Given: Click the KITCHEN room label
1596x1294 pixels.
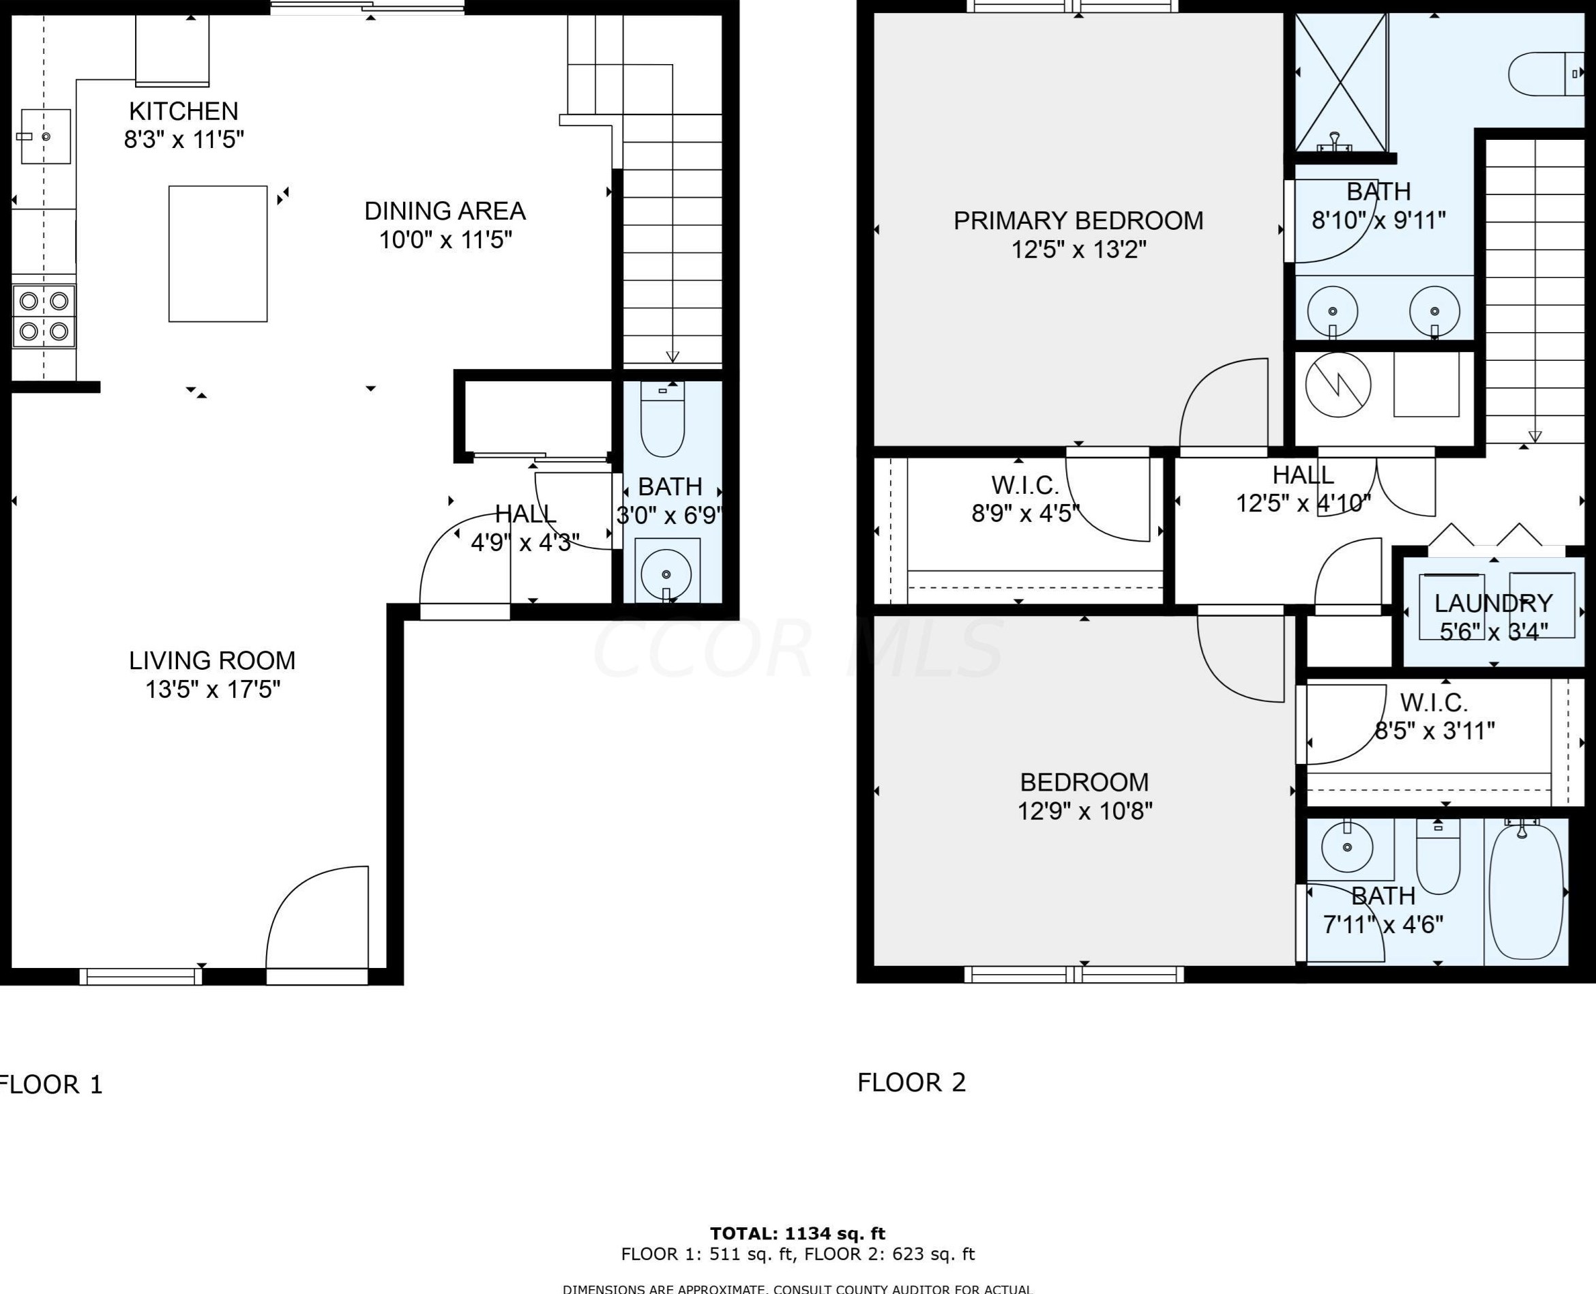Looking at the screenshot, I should [183, 111].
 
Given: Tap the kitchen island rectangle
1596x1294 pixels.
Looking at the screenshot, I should [218, 254].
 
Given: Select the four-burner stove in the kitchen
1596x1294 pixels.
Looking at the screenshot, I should [44, 316].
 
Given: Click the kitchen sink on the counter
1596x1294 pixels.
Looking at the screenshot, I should [45, 136].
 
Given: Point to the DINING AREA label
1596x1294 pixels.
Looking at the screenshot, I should [445, 211].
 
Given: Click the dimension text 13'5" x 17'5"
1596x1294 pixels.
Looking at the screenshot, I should [212, 690].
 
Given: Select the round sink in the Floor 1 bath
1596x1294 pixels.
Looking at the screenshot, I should [666, 573].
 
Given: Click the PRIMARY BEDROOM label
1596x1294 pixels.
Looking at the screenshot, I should [1078, 220].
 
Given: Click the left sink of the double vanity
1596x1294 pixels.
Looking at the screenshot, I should [1332, 312].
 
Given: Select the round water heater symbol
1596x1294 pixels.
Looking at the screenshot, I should [1338, 385].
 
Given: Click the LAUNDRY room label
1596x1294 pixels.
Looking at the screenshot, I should [1493, 602].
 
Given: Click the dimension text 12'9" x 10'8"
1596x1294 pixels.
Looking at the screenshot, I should [1085, 811].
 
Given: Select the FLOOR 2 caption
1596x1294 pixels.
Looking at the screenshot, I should [911, 1083].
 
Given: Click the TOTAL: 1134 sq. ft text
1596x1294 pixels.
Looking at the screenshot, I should [797, 1233].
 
